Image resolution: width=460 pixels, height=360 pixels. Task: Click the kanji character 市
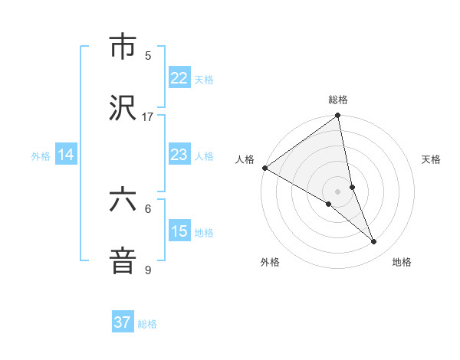tap(123, 47)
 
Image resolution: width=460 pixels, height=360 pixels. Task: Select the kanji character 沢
tap(123, 109)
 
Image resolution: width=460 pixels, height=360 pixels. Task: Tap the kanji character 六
tap(123, 201)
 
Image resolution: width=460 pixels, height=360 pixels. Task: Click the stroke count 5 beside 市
tap(148, 55)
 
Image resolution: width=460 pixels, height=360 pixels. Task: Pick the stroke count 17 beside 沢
tap(148, 116)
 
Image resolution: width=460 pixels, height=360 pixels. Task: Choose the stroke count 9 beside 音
tap(148, 270)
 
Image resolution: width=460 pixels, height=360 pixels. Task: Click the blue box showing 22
tap(179, 78)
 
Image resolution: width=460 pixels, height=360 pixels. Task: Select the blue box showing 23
tap(179, 155)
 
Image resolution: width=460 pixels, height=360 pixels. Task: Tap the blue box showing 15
tap(179, 231)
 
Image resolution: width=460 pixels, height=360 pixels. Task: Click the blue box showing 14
tap(66, 155)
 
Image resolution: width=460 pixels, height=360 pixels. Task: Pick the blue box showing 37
tap(123, 322)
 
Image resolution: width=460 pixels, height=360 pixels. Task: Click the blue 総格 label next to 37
tap(147, 324)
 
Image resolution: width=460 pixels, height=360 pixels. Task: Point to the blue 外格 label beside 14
tap(41, 156)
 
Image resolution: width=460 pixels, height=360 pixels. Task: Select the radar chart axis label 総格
tap(338, 100)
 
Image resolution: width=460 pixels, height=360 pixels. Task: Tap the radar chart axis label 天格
tap(431, 159)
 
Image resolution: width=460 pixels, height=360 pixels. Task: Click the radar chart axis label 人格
tap(245, 159)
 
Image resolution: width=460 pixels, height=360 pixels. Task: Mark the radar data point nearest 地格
tap(374, 242)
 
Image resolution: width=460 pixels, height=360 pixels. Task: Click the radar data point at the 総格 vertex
tap(338, 116)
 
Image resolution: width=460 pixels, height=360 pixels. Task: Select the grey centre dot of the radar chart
tap(338, 191)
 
